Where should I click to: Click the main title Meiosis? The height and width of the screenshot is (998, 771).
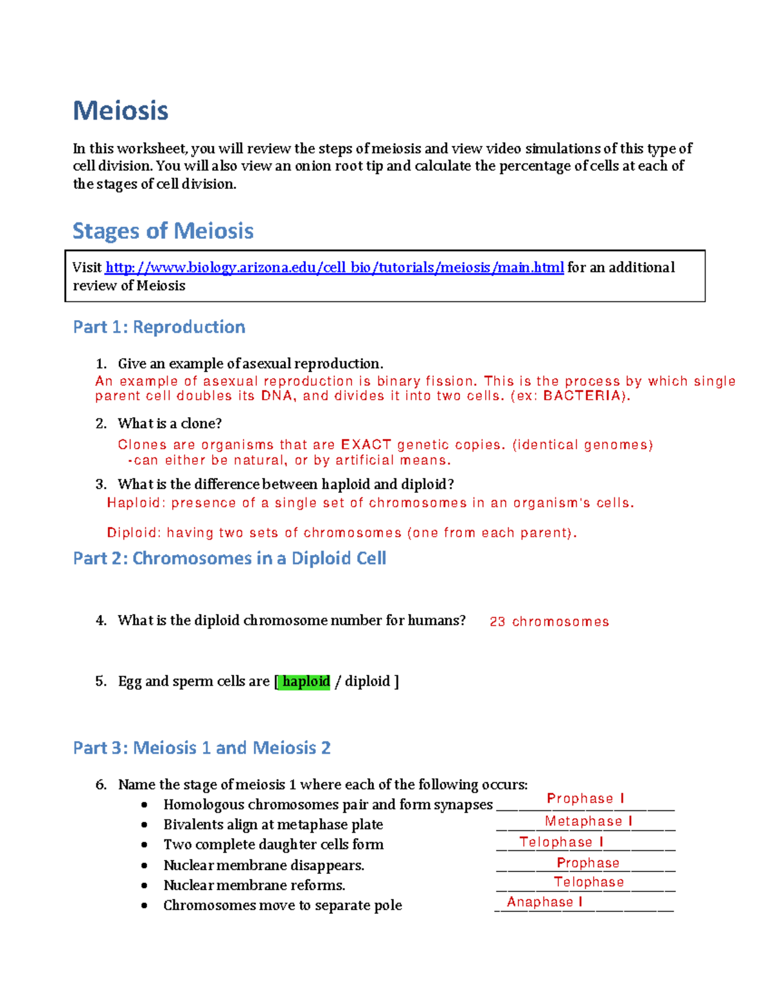click(120, 111)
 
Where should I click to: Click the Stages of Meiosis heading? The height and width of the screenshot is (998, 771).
click(163, 231)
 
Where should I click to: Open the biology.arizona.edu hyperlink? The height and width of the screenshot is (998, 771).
click(334, 267)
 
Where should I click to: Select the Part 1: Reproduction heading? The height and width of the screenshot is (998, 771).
click(159, 327)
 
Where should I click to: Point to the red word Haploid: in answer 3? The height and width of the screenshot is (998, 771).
click(136, 503)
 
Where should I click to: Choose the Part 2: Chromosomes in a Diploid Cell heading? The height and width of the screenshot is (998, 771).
click(229, 558)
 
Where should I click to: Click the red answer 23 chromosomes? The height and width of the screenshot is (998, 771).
click(549, 621)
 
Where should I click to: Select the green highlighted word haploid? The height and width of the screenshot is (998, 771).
click(306, 681)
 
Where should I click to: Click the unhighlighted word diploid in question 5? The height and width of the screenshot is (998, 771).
click(367, 681)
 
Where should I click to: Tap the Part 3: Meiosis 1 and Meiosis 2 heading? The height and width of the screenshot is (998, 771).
click(202, 748)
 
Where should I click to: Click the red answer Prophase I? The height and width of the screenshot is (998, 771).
click(585, 798)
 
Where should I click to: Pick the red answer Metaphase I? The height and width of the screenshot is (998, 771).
click(589, 821)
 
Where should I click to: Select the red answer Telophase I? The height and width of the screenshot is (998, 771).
click(561, 842)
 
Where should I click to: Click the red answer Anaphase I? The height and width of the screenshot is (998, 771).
click(544, 902)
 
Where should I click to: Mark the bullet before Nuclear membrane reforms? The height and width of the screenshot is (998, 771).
click(145, 886)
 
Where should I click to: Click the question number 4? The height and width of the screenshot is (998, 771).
click(101, 621)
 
